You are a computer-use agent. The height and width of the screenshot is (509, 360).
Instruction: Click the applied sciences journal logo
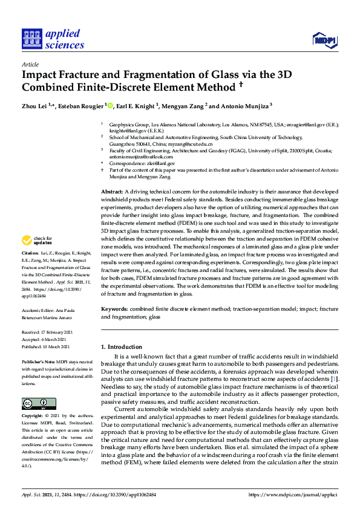tap(53, 37)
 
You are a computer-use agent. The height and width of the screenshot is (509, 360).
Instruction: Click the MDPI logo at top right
tap(324, 41)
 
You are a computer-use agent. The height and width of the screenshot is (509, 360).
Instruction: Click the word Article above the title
tap(30, 64)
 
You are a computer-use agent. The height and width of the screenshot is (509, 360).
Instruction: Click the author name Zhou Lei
tap(36, 105)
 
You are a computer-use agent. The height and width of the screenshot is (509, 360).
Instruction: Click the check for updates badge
tap(39, 241)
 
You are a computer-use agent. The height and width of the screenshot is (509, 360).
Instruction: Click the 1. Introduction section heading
tap(123, 346)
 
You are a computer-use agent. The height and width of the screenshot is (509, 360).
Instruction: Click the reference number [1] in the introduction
tap(335, 378)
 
